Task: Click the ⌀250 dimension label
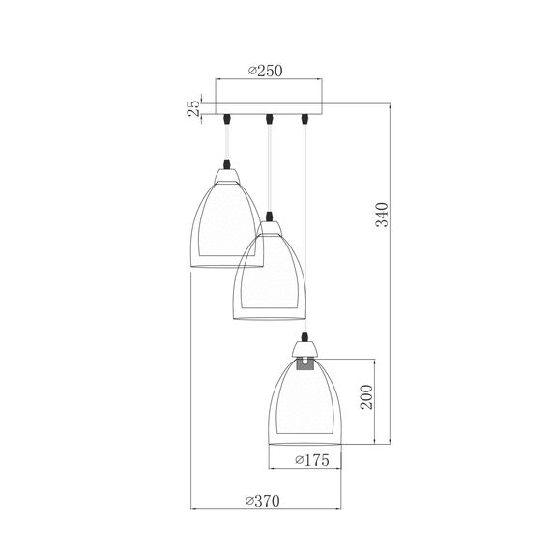coord(265,71)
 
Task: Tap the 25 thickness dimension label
coord(193,108)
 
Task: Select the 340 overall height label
coord(383,215)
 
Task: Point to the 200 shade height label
coord(366,396)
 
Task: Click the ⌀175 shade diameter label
coord(312,460)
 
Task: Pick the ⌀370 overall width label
coord(263,501)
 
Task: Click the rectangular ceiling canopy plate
coord(269,109)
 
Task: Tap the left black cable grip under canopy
coord(227,119)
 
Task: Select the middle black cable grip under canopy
coord(269,119)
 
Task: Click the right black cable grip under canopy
coord(305,119)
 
